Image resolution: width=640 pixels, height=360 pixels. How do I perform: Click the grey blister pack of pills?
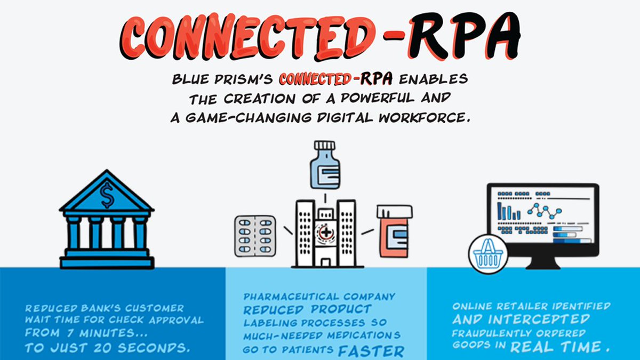pos(255,235)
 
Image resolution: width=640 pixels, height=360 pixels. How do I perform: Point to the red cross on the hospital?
pos(323,233)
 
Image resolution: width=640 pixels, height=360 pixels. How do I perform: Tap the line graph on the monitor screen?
pos(544,210)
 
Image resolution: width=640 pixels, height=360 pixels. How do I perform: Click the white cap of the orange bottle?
pos(394,212)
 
